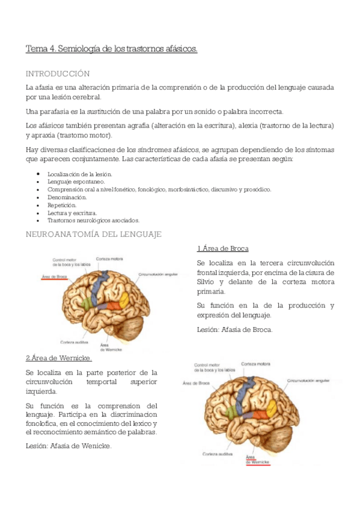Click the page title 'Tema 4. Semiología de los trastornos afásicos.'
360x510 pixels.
point(111,49)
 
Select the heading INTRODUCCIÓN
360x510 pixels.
point(58,73)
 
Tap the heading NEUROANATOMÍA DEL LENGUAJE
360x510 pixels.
point(93,234)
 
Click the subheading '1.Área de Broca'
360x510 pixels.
point(222,248)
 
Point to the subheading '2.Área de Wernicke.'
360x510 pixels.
point(58,358)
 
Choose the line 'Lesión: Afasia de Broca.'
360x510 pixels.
point(234,330)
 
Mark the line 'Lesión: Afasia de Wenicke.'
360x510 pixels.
point(69,446)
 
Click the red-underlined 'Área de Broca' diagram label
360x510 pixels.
point(54,277)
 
